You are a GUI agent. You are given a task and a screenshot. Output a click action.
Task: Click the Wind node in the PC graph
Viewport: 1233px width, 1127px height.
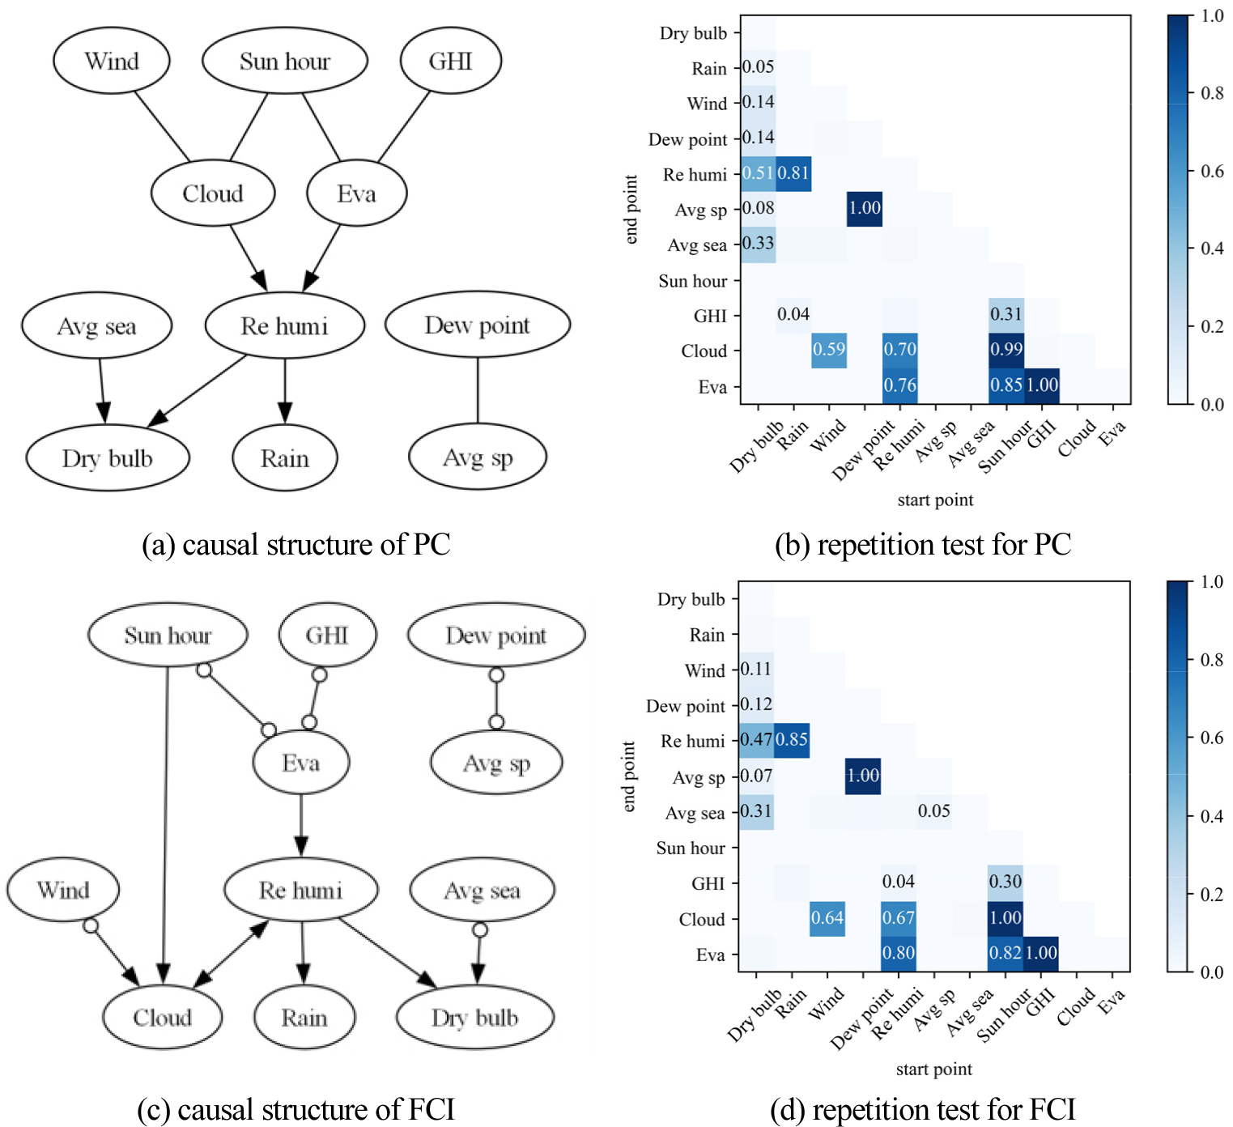[x=112, y=62]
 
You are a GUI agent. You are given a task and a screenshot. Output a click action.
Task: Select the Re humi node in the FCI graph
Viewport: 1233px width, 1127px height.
[x=300, y=890]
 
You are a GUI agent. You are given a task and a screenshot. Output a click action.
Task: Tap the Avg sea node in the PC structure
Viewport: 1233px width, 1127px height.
[x=96, y=326]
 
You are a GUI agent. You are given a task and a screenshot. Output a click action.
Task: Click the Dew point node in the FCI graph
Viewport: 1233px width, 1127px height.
[x=495, y=636]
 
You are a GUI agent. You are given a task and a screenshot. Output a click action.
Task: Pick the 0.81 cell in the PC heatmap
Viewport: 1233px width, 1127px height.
[x=793, y=173]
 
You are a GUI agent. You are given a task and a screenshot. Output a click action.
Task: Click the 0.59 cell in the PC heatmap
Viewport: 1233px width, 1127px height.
[x=829, y=350]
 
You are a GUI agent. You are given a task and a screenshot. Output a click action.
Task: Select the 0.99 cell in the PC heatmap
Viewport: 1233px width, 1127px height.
[x=1006, y=350]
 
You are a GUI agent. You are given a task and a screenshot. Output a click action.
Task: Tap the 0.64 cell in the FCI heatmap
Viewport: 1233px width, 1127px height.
[x=827, y=918]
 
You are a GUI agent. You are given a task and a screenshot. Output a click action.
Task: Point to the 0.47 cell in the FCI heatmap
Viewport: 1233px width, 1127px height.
[x=756, y=739]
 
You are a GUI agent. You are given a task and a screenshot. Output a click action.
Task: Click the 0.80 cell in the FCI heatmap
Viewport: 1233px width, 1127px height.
[x=899, y=953]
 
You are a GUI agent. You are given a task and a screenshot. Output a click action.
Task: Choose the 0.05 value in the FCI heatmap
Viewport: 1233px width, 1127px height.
[x=934, y=811]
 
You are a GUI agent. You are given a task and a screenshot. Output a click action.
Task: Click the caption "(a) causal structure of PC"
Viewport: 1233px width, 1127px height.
[x=295, y=545]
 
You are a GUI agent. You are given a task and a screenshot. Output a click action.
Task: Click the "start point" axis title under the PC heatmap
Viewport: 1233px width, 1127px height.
[x=935, y=500]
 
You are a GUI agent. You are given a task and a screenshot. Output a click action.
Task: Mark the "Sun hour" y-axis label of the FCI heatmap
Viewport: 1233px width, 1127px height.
[x=691, y=848]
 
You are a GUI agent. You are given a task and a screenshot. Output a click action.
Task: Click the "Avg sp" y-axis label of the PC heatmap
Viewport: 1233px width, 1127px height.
[x=701, y=211]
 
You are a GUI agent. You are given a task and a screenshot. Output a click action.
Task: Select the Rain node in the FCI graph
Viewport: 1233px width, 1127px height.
[x=304, y=1018]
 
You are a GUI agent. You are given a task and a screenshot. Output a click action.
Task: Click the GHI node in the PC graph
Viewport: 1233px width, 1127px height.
[x=450, y=62]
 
